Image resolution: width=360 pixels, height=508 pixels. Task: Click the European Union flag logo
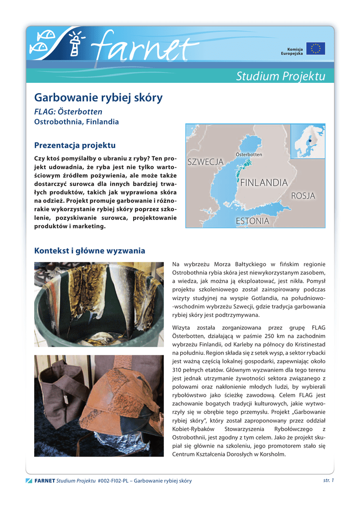[315, 49]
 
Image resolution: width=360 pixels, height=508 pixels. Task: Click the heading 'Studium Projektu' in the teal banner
[281, 76]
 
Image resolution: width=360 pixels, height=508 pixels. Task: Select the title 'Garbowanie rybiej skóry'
[98, 98]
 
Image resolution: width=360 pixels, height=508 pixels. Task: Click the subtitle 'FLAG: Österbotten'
[68, 112]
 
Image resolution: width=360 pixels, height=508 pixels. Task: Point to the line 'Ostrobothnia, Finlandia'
[76, 122]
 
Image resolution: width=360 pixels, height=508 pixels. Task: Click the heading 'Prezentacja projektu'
[74, 145]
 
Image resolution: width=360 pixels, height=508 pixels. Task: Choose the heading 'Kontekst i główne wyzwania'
[89, 251]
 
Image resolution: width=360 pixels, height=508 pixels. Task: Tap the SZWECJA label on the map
[205, 162]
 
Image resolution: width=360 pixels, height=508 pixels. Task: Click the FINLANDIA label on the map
[264, 183]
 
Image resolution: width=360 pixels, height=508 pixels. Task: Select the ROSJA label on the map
[303, 196]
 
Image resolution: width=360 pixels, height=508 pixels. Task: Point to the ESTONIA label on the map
[252, 221]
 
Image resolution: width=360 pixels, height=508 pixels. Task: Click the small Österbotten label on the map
[249, 155]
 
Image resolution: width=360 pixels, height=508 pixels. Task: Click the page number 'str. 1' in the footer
[328, 480]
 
